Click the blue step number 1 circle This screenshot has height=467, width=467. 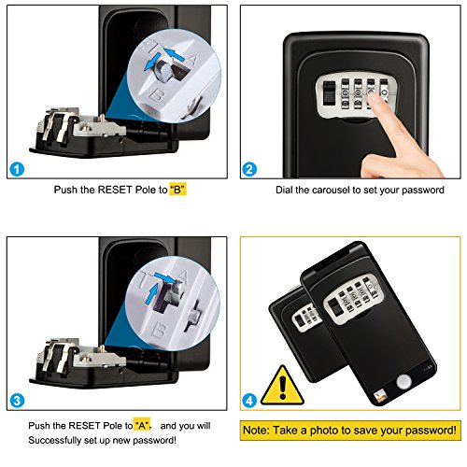pos(17,169)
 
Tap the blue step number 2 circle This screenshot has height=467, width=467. pos(249,169)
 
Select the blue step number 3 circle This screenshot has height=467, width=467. pos(17,401)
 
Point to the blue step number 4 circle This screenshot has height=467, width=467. pos(249,401)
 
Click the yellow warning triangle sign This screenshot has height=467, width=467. pos(282,388)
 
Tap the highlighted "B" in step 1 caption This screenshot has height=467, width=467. pos(177,190)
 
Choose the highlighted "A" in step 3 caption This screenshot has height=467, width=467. pos(142,425)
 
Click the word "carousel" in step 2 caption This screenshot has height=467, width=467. pos(330,190)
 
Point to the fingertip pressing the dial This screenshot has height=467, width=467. pos(373,100)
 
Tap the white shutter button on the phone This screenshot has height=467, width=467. pos(403,381)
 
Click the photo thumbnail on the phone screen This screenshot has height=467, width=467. pos(380,397)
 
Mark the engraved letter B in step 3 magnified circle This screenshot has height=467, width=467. pos(159,330)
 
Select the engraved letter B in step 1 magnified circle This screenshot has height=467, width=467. pos(156,94)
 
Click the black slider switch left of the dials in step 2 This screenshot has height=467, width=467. pos(329,92)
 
